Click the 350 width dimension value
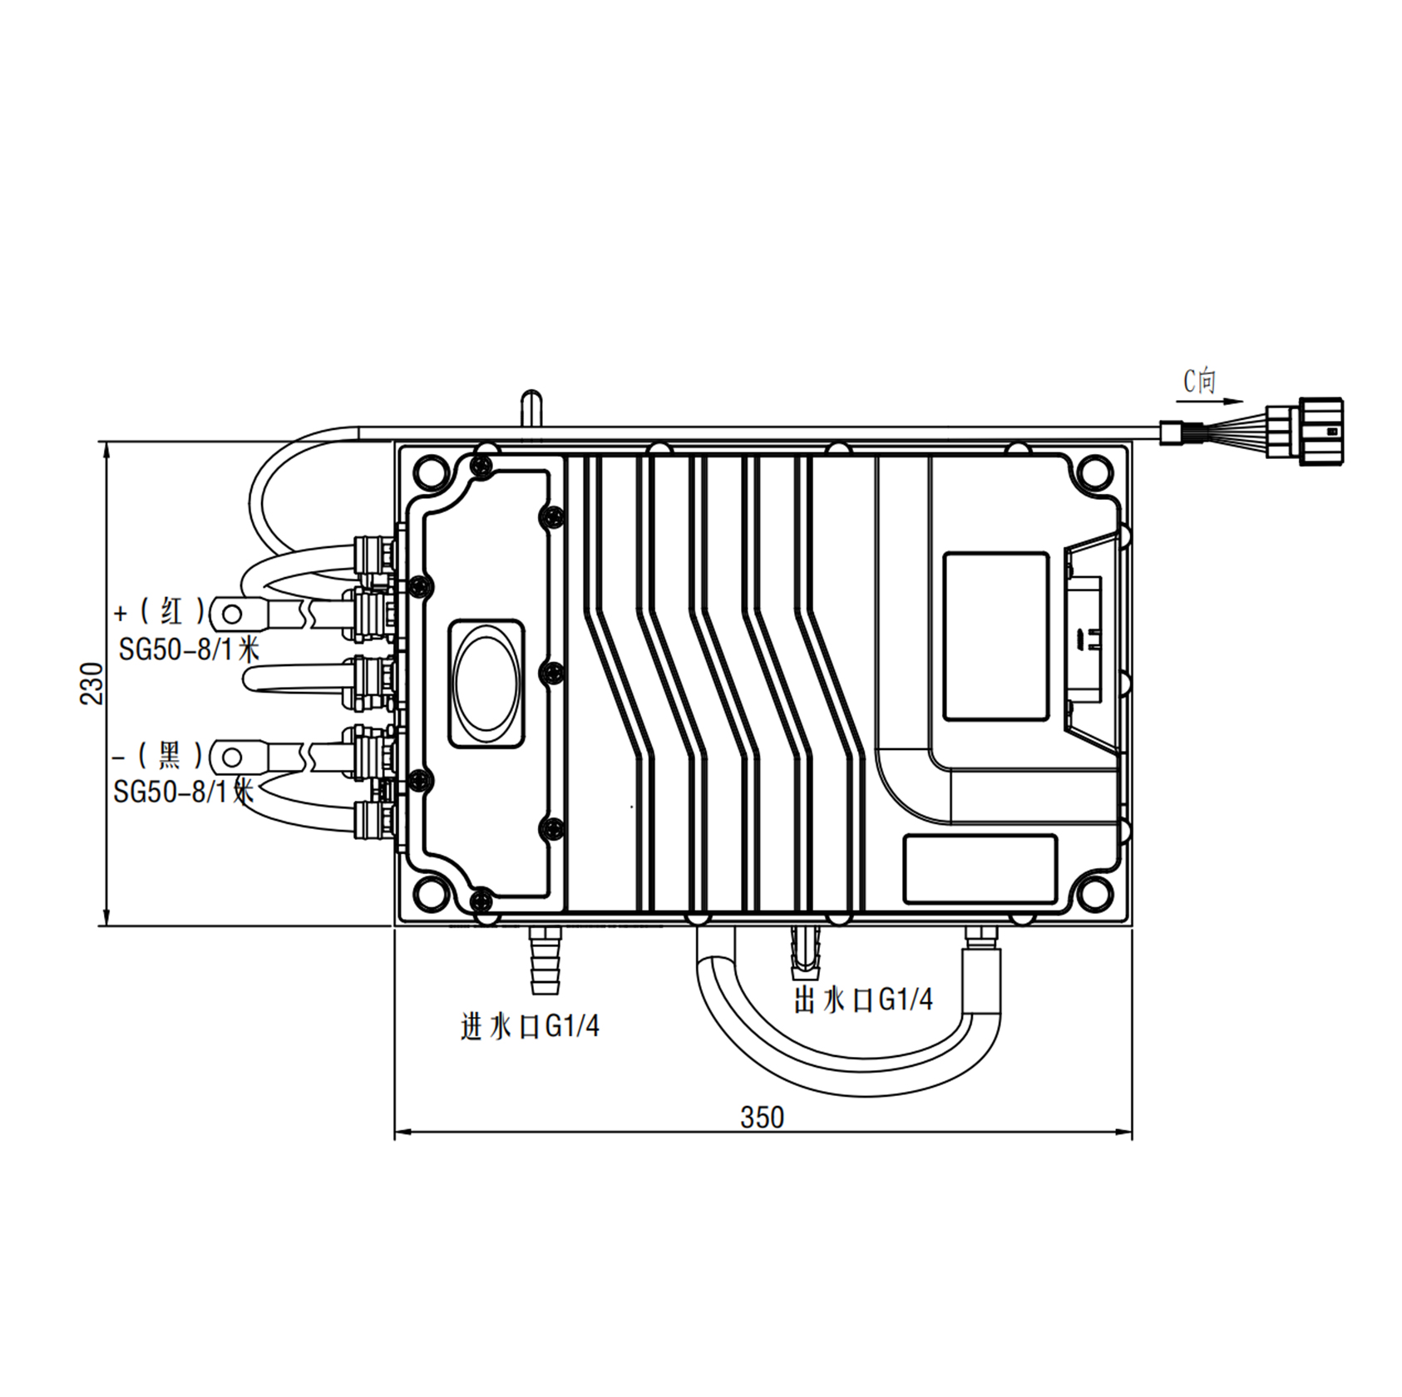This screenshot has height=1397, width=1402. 762,1117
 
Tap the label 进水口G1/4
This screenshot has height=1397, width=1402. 530,1027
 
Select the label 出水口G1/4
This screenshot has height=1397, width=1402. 863,999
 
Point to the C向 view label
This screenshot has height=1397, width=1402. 1200,381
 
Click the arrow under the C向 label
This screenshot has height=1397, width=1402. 1222,401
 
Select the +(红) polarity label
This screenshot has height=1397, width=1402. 159,613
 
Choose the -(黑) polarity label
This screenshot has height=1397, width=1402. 158,756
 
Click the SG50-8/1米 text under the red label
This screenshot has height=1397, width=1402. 189,649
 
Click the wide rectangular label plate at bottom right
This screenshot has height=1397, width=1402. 980,869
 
